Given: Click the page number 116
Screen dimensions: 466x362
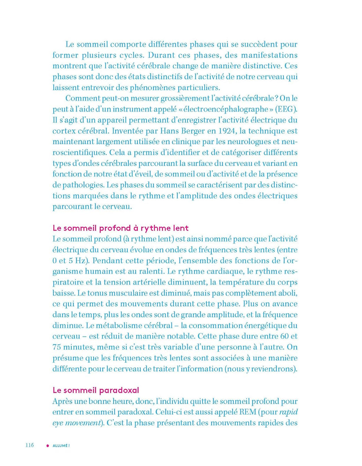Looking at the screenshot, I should point(29,445).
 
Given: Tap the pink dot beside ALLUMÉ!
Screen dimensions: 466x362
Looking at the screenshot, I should point(48,446).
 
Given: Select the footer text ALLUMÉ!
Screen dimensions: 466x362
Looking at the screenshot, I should point(61,446).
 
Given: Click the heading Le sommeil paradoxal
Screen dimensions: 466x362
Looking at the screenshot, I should point(96,390).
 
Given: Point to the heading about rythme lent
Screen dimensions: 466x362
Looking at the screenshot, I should point(121,228).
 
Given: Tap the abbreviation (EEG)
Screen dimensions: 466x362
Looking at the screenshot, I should point(286,109).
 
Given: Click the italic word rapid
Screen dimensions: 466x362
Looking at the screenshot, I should point(288,412).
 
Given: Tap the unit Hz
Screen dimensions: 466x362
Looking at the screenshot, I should point(81,261).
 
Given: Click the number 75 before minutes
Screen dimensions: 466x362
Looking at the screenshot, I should point(57,347).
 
